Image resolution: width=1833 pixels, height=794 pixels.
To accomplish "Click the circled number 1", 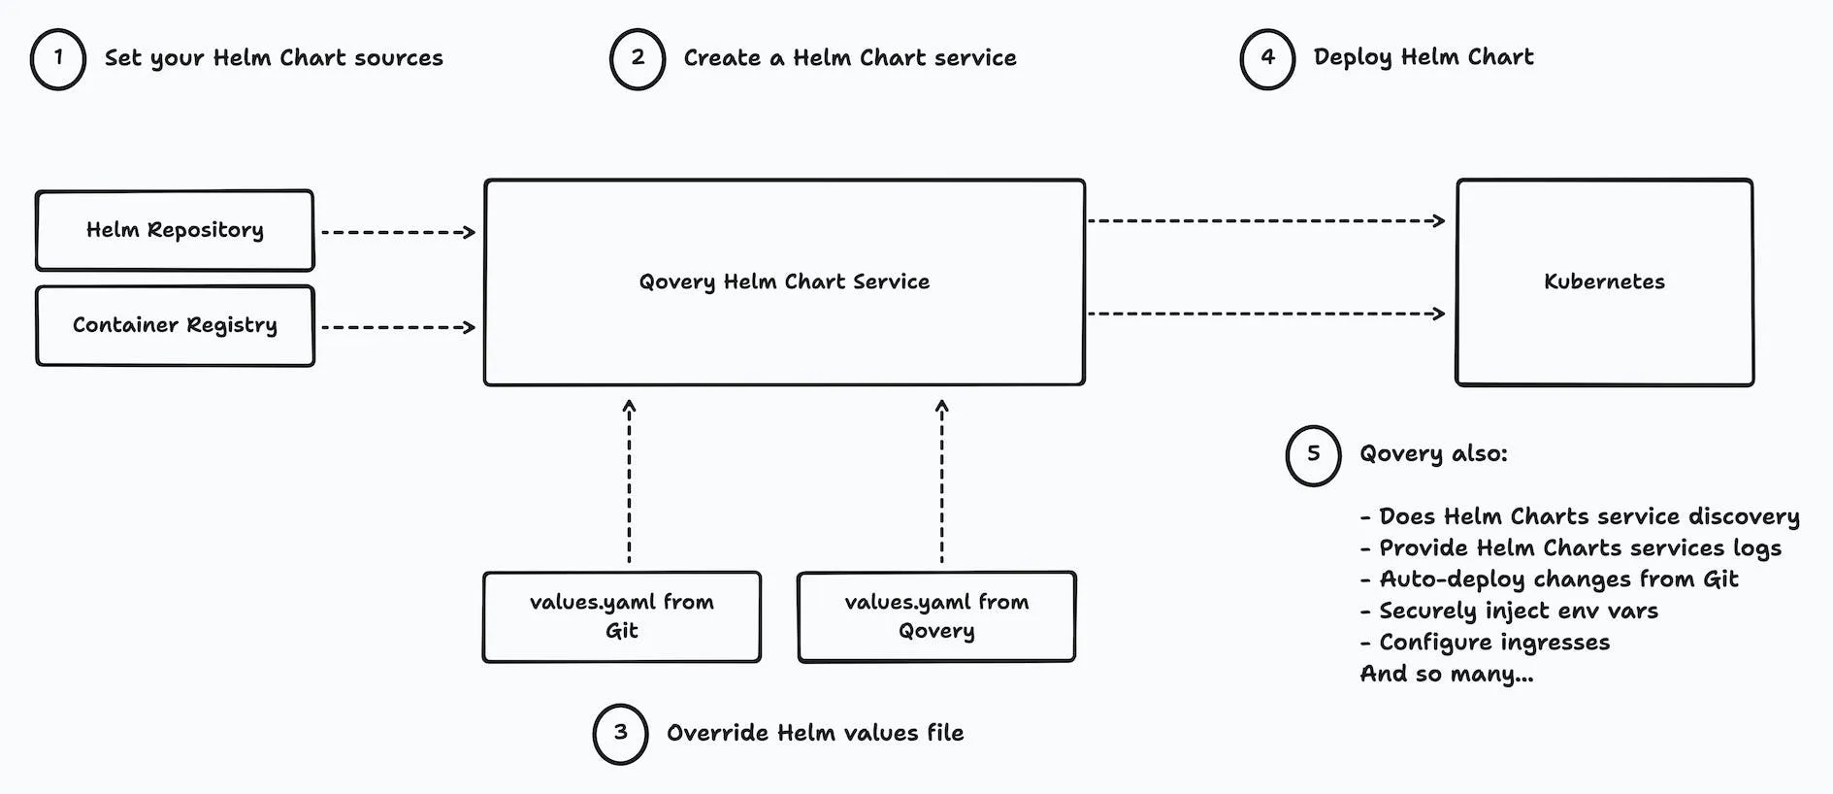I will (x=58, y=59).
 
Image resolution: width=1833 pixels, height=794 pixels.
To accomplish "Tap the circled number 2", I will (x=638, y=59).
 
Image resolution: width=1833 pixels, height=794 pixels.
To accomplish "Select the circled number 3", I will (x=620, y=734).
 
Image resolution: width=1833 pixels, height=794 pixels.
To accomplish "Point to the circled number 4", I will (x=1267, y=59).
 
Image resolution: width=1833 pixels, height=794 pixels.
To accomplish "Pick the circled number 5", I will (x=1313, y=455).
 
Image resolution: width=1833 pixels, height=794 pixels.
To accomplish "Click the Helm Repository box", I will (x=175, y=230).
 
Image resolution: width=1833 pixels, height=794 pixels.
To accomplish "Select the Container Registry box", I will (x=175, y=325).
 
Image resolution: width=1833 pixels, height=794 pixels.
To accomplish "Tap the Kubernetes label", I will (x=1604, y=282).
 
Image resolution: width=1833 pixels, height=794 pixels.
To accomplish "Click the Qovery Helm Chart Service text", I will (x=784, y=282).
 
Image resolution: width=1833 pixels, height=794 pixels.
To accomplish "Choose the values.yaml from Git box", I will (x=621, y=616).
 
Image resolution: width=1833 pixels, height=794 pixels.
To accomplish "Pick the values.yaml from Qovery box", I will (x=936, y=616).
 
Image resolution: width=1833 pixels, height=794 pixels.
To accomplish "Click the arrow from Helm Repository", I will (x=398, y=232).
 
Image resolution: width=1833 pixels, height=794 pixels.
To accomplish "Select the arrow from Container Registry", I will (x=398, y=327).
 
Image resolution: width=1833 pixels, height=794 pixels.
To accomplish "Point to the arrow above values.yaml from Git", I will (x=629, y=480).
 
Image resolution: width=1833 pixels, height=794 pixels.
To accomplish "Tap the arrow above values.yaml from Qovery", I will (x=941, y=480).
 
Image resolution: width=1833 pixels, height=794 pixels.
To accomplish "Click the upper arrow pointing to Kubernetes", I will (x=1266, y=221).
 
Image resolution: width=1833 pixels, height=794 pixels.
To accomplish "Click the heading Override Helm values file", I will (x=815, y=733).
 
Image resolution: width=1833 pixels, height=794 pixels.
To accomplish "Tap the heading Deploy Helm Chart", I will (x=1424, y=57).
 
